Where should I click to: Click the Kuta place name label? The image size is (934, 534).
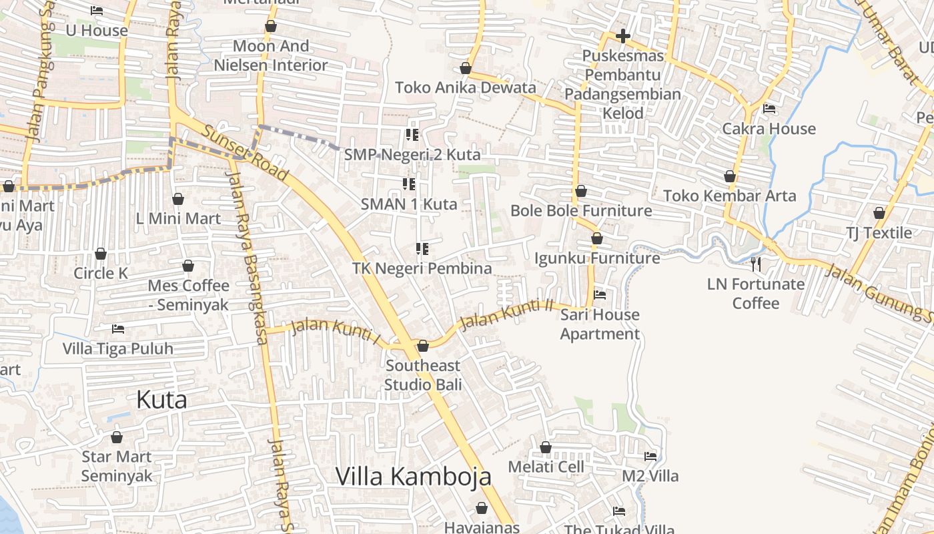(x=161, y=400)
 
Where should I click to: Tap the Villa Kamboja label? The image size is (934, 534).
(x=413, y=477)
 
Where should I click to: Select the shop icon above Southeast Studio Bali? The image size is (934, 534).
(x=422, y=346)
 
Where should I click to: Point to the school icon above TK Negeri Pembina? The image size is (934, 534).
(x=422, y=249)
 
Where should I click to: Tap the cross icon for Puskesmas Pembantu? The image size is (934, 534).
(x=622, y=36)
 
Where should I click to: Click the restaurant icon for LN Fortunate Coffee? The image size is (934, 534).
(x=755, y=264)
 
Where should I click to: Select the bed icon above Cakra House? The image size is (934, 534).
(x=769, y=108)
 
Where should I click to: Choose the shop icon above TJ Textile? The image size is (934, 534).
(x=879, y=213)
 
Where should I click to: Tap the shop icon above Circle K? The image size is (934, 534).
(x=101, y=254)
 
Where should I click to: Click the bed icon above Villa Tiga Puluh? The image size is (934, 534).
(x=118, y=328)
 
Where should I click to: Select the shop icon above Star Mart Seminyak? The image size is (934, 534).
(x=117, y=437)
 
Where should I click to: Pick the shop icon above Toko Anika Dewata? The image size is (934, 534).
(x=466, y=68)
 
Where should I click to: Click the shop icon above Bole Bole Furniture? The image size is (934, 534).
(x=581, y=191)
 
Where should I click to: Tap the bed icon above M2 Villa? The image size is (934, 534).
(x=650, y=457)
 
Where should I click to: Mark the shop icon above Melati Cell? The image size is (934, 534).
(x=546, y=447)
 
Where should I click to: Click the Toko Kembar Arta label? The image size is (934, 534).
(x=729, y=196)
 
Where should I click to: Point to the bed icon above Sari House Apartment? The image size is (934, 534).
(x=600, y=294)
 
